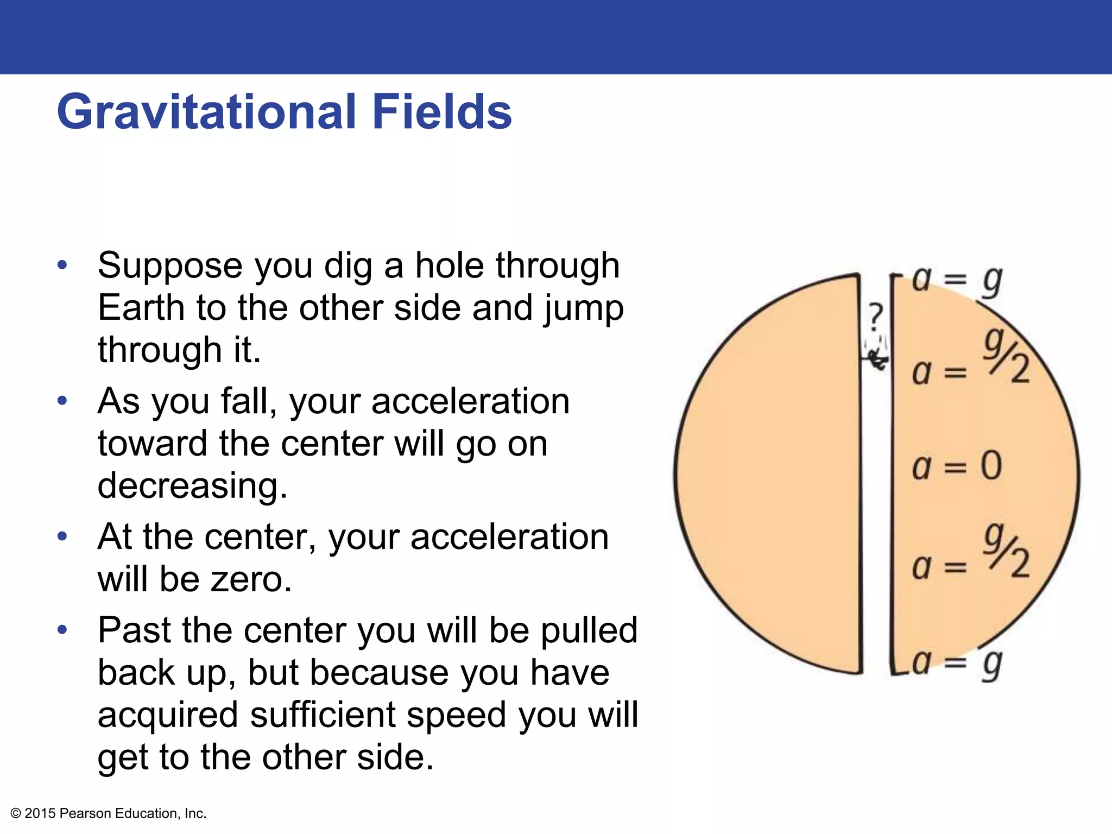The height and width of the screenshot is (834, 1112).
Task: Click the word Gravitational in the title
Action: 206,112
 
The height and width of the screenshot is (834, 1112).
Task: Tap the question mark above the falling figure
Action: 875,317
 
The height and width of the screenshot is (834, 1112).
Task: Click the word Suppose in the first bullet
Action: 170,266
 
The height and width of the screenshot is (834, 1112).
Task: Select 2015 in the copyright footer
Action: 40,813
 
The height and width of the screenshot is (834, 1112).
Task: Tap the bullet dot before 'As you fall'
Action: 63,401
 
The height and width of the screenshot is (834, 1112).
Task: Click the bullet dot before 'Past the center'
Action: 63,630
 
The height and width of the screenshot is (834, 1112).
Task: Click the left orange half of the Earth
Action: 771,472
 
